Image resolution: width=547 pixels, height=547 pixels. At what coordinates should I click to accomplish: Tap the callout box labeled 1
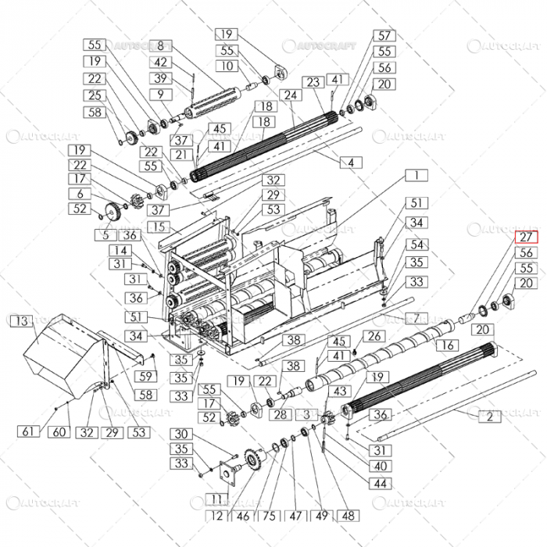click(x=417, y=176)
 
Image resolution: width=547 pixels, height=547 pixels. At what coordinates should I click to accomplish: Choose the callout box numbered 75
click(x=268, y=516)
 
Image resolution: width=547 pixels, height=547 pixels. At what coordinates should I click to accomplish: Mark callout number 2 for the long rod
click(x=489, y=417)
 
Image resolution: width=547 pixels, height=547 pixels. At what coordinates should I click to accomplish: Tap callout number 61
click(x=28, y=432)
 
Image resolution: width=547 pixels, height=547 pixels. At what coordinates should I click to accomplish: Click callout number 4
click(x=351, y=163)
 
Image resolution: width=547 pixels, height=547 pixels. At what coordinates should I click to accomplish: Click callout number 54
click(x=417, y=245)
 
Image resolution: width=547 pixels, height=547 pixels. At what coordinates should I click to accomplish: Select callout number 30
click(x=181, y=434)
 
